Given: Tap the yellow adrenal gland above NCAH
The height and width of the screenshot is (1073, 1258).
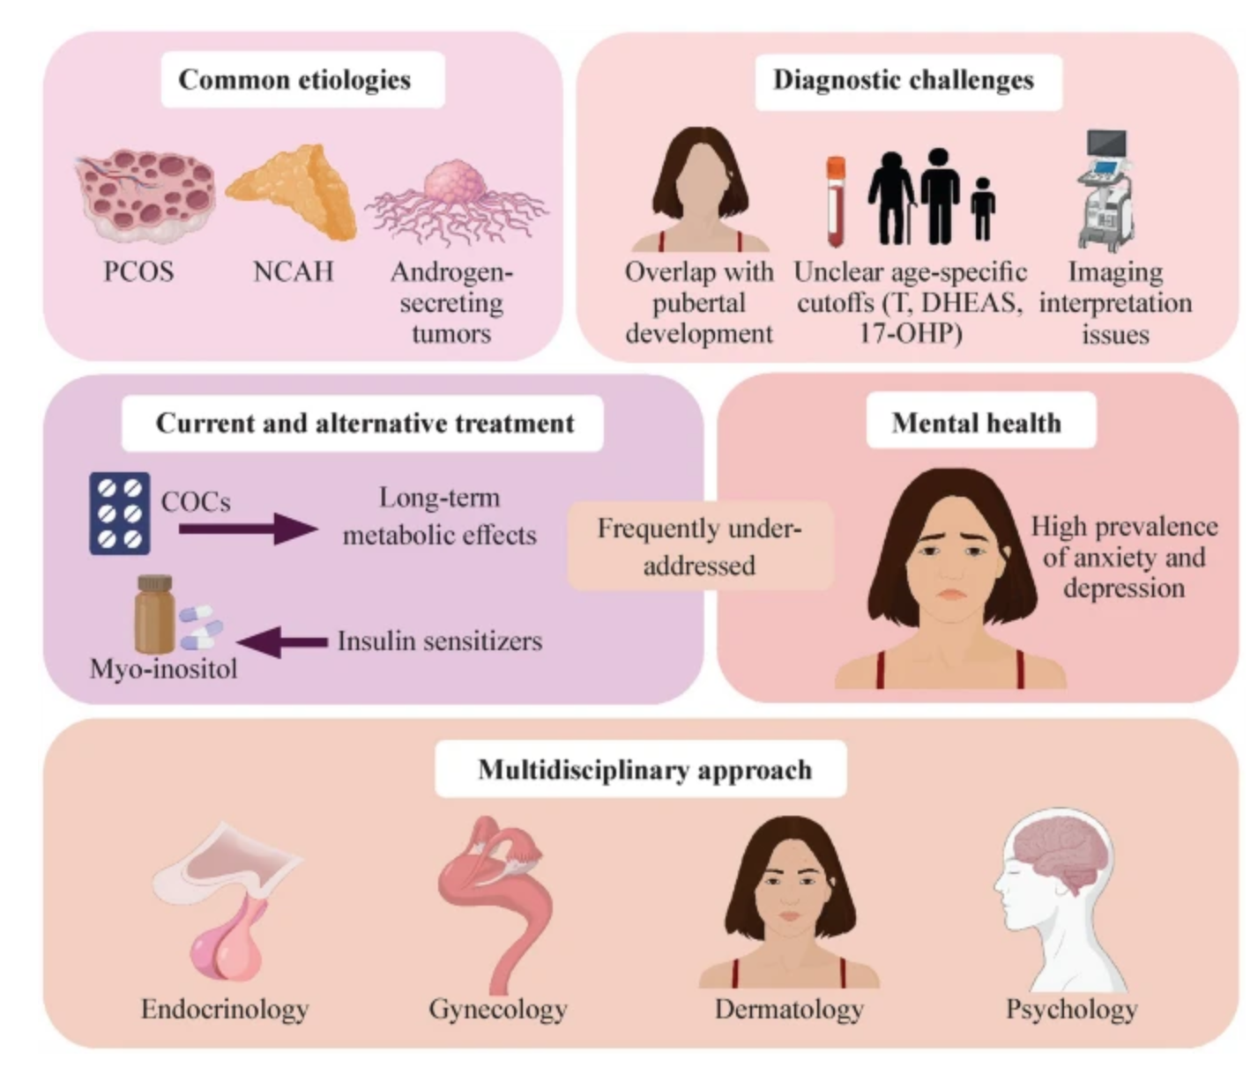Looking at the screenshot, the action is point(292,191).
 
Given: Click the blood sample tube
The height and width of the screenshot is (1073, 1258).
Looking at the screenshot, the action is point(836,202).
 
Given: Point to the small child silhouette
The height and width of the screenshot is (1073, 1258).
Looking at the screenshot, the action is point(983,210).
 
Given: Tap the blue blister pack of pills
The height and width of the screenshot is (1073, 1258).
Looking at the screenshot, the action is point(119,514).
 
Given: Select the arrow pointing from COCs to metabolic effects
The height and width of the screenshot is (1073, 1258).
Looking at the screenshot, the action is point(249,529).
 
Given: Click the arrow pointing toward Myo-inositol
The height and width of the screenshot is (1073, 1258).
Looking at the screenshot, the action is point(282,641).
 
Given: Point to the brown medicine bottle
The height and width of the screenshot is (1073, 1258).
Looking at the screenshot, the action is point(154,614).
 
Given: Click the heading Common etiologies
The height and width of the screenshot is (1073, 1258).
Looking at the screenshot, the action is point(294,79).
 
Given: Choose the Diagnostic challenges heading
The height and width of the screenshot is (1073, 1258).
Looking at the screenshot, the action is point(904,80).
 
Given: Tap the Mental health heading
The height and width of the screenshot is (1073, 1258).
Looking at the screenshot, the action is point(977,423).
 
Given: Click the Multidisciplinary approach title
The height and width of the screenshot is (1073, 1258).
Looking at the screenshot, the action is point(645,770).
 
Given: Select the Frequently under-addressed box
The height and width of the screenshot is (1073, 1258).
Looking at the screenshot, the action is point(700,545).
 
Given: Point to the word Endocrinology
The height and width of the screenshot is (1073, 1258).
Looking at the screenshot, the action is point(225,1010).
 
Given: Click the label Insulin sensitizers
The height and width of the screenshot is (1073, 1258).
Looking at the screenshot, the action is point(440,641).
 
